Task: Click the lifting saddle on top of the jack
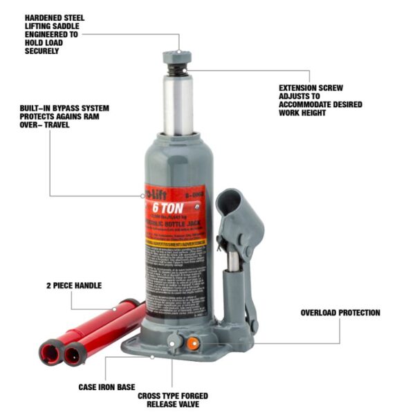pos(178,58)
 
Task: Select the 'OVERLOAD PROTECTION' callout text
pos(340,313)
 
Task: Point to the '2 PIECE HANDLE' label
pos(74,285)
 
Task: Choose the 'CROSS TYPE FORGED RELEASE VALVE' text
pos(173,400)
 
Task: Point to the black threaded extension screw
pos(178,71)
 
